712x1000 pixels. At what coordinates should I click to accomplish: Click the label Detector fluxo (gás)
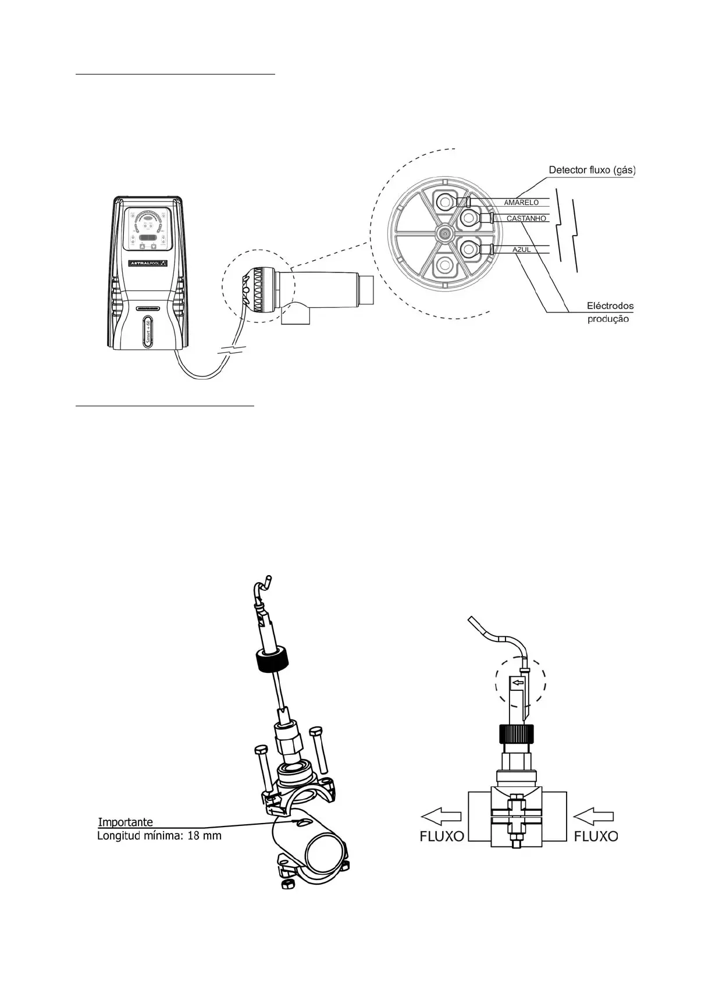click(x=592, y=171)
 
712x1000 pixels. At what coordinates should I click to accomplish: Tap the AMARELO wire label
click(x=521, y=203)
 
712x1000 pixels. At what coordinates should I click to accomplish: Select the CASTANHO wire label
click(x=526, y=219)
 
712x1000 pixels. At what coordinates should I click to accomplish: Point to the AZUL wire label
click(x=521, y=250)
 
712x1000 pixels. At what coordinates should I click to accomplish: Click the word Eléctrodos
click(x=610, y=306)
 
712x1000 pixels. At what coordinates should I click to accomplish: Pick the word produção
click(x=608, y=319)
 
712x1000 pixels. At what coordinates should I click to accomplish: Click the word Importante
click(x=126, y=822)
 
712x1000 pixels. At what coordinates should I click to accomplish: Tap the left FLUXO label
click(x=442, y=836)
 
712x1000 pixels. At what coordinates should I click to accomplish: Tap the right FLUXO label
click(x=596, y=836)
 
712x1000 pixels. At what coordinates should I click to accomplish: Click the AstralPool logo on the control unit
click(x=148, y=263)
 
